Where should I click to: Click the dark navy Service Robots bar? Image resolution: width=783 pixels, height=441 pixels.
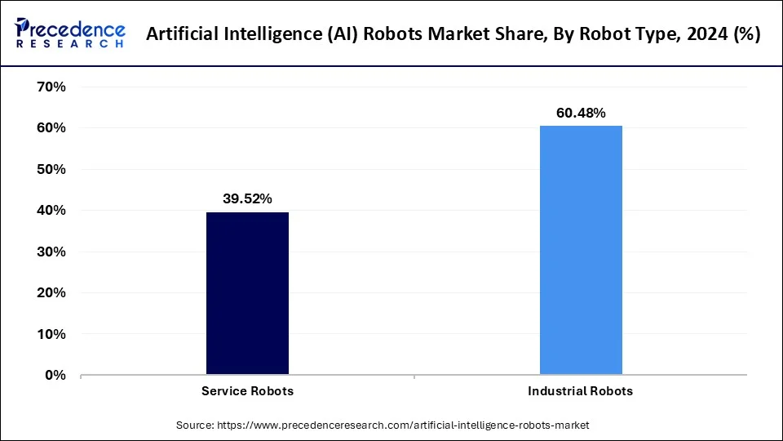pyautogui.click(x=247, y=294)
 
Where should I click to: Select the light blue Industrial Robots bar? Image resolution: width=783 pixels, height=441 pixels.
pyautogui.click(x=581, y=250)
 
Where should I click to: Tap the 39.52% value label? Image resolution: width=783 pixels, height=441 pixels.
pyautogui.click(x=247, y=198)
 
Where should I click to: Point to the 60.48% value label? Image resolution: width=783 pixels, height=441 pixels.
pyautogui.click(x=581, y=113)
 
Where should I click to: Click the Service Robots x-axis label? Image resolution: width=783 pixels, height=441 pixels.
pyautogui.click(x=247, y=391)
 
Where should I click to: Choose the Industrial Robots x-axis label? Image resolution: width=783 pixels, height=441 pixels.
pyautogui.click(x=580, y=391)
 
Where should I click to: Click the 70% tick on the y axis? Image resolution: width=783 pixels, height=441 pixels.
pyautogui.click(x=51, y=87)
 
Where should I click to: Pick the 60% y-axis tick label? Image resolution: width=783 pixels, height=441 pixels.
pyautogui.click(x=51, y=128)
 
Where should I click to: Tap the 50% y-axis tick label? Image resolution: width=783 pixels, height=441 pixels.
pyautogui.click(x=51, y=169)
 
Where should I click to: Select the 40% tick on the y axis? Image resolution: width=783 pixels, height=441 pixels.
pyautogui.click(x=51, y=211)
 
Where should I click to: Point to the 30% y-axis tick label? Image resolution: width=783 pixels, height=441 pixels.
pyautogui.click(x=51, y=252)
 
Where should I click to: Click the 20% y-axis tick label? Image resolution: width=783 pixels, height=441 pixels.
pyautogui.click(x=51, y=292)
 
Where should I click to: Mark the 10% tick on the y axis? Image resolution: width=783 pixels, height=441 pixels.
pyautogui.click(x=51, y=334)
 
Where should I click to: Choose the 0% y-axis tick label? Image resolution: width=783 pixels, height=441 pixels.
pyautogui.click(x=55, y=375)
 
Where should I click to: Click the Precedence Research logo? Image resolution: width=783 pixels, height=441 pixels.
pyautogui.click(x=70, y=33)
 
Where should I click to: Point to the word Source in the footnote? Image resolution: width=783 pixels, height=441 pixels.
pyautogui.click(x=195, y=425)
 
